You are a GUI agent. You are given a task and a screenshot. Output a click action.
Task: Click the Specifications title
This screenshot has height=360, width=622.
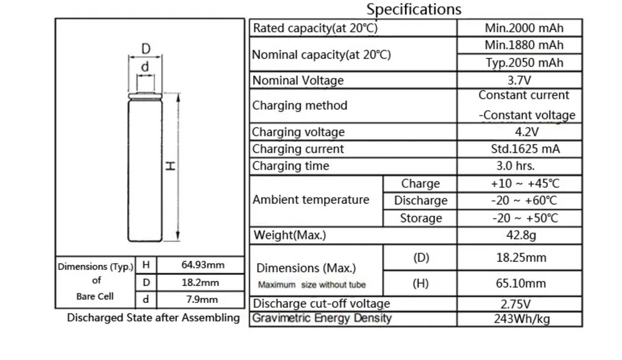tap(414, 9)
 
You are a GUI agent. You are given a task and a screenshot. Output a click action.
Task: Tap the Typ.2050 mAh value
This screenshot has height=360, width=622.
tap(524, 63)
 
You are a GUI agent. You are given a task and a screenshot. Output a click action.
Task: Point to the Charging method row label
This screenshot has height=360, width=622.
tap(299, 106)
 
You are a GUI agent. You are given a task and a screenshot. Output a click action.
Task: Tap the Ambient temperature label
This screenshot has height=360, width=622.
tap(310, 200)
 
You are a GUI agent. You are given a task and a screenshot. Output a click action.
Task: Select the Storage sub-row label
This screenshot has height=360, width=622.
tap(420, 218)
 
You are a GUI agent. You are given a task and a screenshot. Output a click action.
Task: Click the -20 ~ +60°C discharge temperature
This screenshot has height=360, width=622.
tap(524, 201)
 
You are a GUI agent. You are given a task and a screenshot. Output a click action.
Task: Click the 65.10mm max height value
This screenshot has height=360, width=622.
tap(521, 284)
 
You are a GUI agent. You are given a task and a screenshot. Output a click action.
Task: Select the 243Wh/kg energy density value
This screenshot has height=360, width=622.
tap(521, 319)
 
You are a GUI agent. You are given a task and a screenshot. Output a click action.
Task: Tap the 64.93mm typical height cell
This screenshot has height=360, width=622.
tap(203, 265)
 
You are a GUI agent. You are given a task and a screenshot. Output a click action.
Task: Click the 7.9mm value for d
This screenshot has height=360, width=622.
tap(203, 300)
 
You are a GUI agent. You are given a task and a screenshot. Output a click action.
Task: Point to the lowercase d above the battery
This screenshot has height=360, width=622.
tap(145, 67)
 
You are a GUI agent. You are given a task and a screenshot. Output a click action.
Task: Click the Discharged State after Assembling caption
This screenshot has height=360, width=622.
tap(153, 318)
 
